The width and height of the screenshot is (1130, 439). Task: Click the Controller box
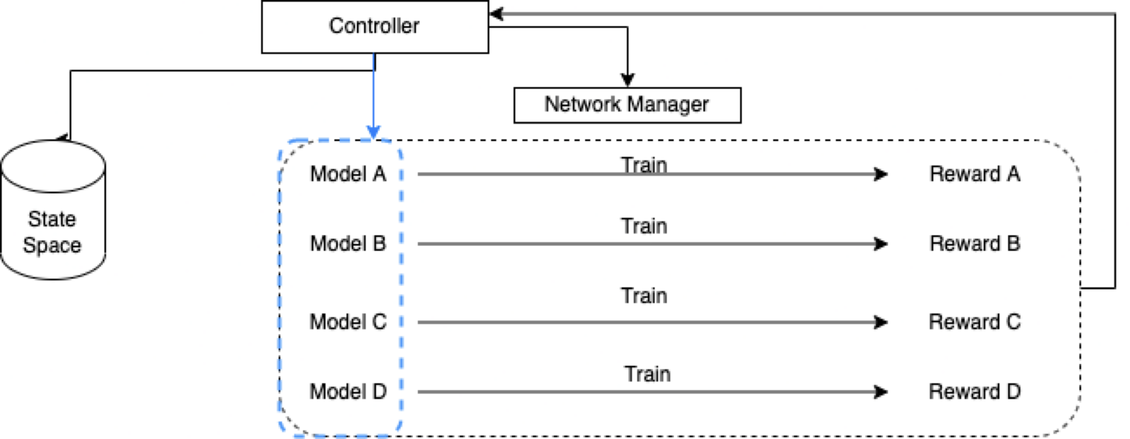click(375, 27)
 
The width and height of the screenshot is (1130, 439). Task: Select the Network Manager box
click(627, 105)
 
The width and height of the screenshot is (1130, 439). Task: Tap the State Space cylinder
click(53, 219)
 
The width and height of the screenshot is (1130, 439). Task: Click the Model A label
click(348, 174)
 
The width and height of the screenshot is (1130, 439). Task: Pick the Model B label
click(348, 244)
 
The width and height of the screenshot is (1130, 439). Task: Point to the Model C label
click(348, 322)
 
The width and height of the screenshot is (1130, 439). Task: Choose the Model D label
click(348, 391)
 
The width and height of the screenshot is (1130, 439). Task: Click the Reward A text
click(975, 174)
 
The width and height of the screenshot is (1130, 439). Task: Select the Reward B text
click(975, 244)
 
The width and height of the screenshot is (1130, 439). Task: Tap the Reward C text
click(975, 322)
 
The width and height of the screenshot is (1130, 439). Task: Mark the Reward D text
click(975, 391)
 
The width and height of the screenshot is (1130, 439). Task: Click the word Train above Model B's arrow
click(644, 226)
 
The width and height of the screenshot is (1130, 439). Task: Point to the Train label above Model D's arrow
click(648, 375)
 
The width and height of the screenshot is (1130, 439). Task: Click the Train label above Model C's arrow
click(644, 296)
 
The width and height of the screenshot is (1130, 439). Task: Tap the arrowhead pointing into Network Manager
click(627, 80)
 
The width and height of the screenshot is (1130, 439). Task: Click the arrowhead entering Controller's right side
click(496, 14)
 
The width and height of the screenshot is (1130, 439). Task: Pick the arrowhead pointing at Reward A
click(880, 174)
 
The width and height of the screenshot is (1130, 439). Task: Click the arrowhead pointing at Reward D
click(880, 391)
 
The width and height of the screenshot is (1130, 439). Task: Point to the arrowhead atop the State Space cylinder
click(64, 138)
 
